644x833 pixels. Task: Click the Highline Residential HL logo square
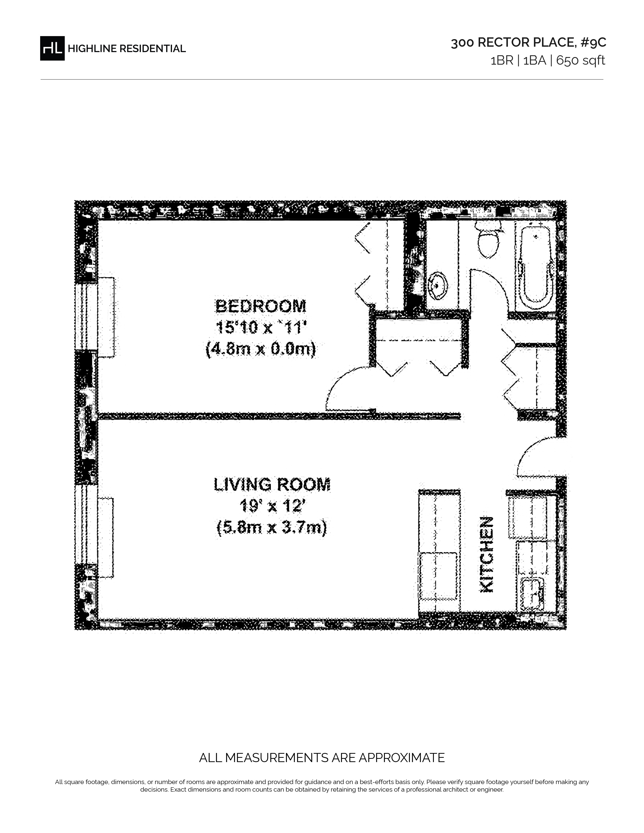[x=52, y=48]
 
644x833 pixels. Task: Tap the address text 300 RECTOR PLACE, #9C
[x=528, y=43]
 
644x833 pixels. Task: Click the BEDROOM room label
[x=261, y=306]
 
